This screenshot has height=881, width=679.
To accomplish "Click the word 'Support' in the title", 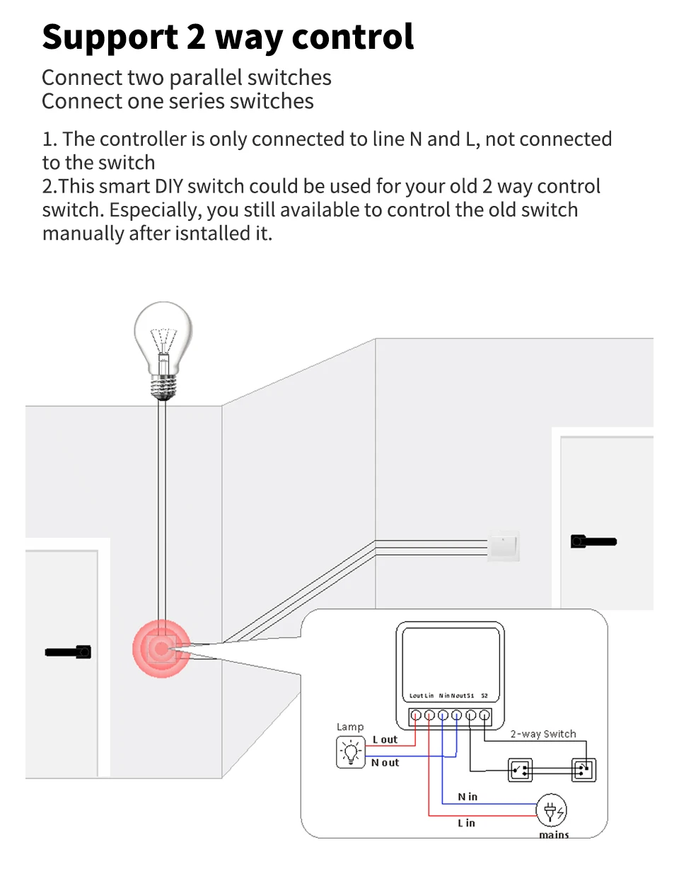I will pyautogui.click(x=110, y=38).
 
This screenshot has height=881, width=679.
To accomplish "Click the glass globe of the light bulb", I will pyautogui.click(x=163, y=333).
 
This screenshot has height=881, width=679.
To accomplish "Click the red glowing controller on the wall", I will pyautogui.click(x=162, y=648).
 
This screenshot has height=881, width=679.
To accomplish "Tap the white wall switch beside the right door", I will pyautogui.click(x=504, y=546).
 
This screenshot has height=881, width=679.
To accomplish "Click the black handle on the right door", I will pyautogui.click(x=593, y=541).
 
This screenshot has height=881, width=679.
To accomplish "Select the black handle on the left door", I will pyautogui.click(x=68, y=652).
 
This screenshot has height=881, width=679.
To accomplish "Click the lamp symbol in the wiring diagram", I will pyautogui.click(x=350, y=752).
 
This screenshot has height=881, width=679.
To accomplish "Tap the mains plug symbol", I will pyautogui.click(x=552, y=810).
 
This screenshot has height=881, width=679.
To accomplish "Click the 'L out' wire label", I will pyautogui.click(x=385, y=739).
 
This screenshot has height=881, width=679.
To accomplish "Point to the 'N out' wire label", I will pyautogui.click(x=385, y=763).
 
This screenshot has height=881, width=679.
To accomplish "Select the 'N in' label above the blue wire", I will pyautogui.click(x=468, y=797).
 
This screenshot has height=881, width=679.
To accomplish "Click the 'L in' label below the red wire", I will pyautogui.click(x=466, y=823).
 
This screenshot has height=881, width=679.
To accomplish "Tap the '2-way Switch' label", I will pyautogui.click(x=543, y=734).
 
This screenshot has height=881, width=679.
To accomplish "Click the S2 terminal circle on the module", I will pyautogui.click(x=484, y=715).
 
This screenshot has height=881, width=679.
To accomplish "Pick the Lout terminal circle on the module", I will pyautogui.click(x=416, y=715).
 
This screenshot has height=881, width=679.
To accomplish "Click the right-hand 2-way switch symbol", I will pyautogui.click(x=584, y=769).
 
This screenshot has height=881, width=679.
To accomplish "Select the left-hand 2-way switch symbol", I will pyautogui.click(x=521, y=769).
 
